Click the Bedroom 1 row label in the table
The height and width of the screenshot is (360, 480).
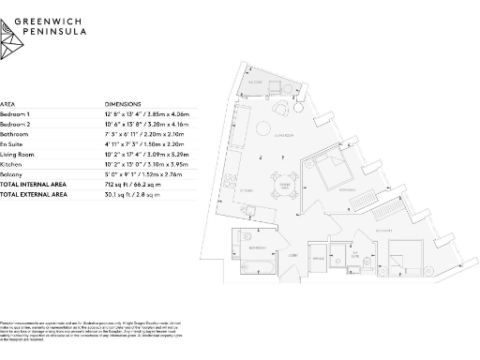[x=15, y=112]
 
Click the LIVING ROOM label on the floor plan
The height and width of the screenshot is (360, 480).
[x=285, y=135]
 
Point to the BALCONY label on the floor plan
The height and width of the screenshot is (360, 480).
[x=256, y=82]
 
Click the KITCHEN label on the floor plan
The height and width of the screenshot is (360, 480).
[x=247, y=190]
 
